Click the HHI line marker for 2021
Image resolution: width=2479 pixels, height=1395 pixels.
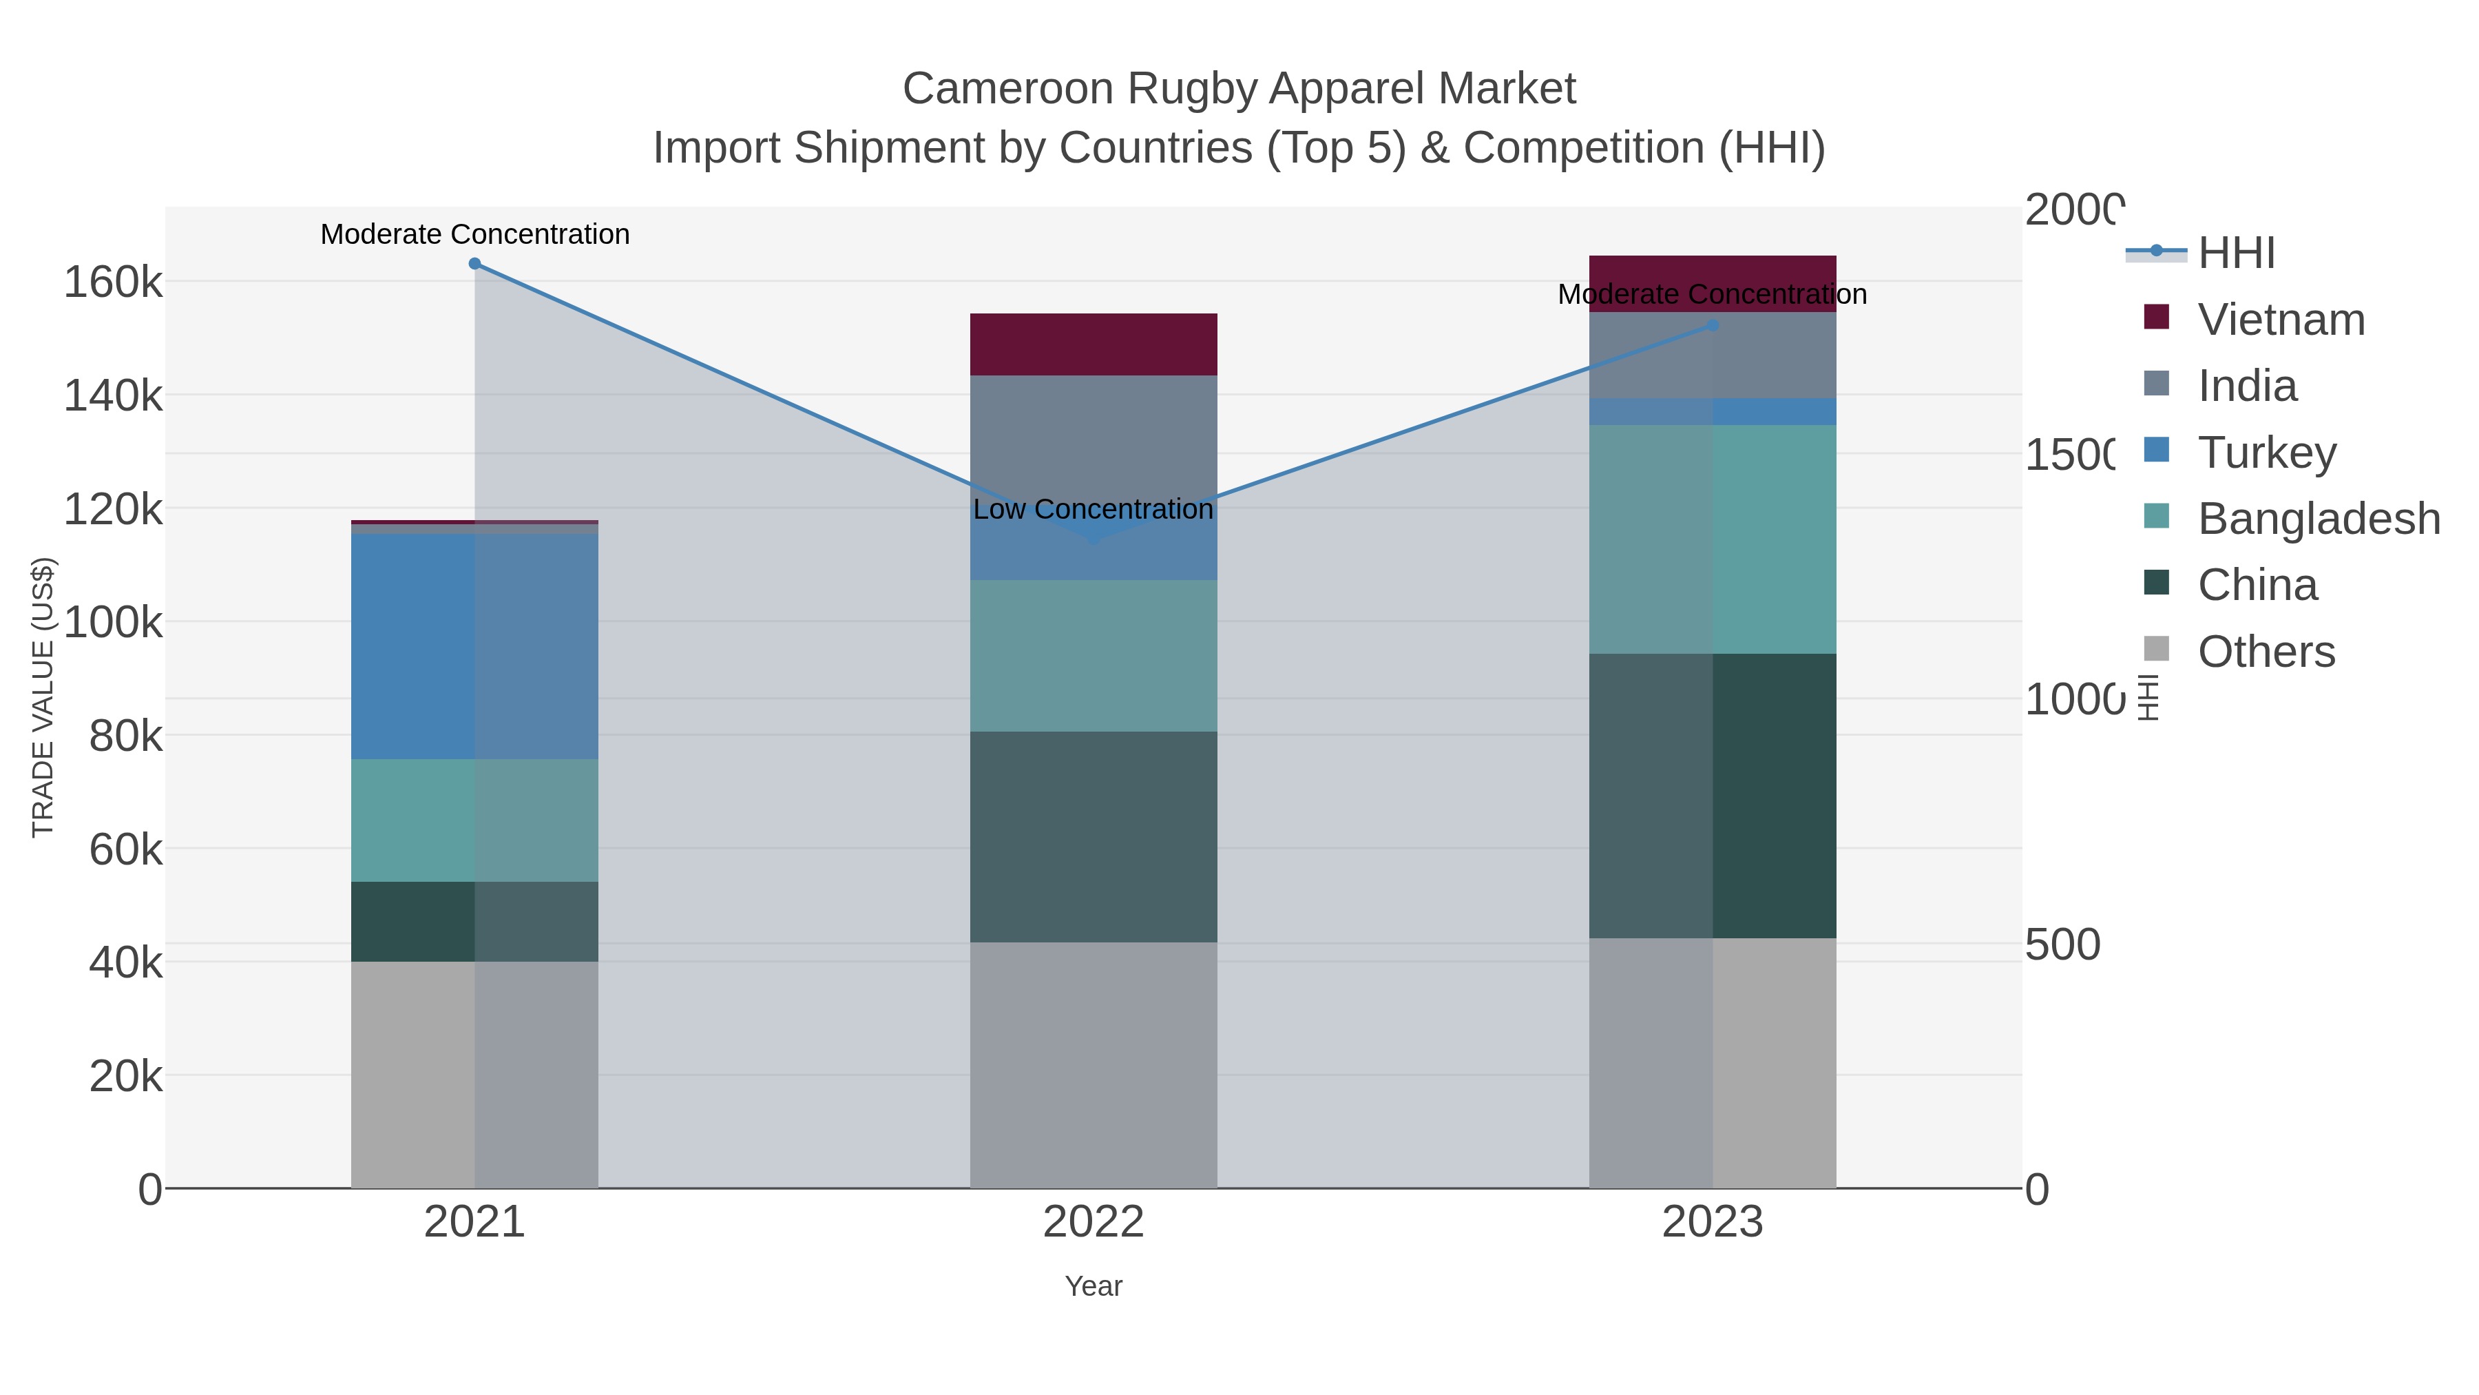click(474, 264)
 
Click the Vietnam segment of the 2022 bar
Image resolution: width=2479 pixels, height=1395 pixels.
click(1094, 344)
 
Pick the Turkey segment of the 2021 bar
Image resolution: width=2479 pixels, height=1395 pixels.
click(474, 646)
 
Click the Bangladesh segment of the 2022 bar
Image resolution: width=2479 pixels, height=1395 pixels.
click(1094, 656)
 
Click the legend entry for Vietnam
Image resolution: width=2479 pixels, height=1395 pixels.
click(2281, 320)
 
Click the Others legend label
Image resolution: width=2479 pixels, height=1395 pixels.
click(2266, 652)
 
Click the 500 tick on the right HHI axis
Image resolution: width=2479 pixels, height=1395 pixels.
click(2062, 944)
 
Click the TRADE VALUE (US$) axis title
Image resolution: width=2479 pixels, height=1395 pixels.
click(43, 697)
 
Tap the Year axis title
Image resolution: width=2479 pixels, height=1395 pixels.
click(1094, 1286)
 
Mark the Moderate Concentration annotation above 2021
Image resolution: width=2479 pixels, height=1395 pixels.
click(474, 234)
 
